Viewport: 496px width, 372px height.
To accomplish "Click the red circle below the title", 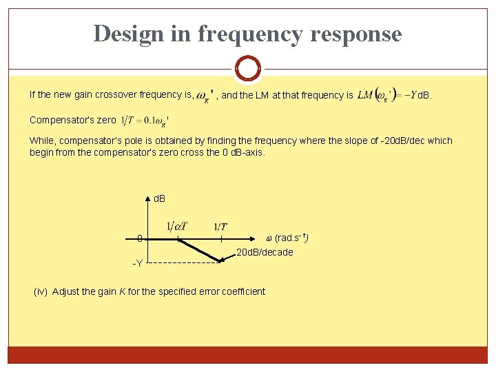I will pos(247,69).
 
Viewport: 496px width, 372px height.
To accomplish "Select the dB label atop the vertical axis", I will pos(159,198).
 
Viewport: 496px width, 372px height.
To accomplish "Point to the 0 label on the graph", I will pos(139,239).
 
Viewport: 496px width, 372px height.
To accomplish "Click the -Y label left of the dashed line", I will pos(138,263).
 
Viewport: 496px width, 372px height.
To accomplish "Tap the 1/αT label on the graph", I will pos(177,226).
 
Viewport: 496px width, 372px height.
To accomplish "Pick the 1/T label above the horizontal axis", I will pos(220,226).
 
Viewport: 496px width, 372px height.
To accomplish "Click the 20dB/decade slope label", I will pos(265,252).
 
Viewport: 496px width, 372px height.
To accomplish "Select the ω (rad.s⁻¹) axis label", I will pos(287,238).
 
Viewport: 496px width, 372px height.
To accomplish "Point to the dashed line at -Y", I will pos(182,262).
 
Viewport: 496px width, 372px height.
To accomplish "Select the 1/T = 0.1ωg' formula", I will pos(145,120).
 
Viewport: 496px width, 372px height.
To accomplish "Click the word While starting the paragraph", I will pos(41,141).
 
